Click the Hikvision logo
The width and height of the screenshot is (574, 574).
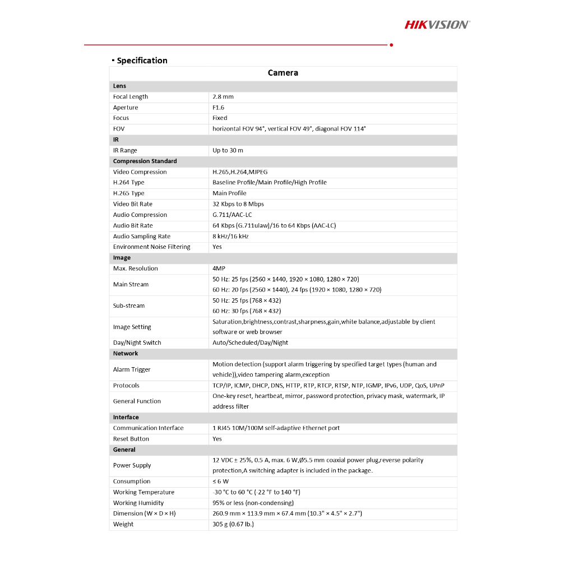[x=437, y=24]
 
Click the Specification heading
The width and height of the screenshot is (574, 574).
[x=142, y=61]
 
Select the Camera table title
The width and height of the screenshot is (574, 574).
[x=283, y=73]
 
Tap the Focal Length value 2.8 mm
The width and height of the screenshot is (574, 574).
[x=223, y=97]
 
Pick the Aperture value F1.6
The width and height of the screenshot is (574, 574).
[x=218, y=108]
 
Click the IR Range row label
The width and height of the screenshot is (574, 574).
[x=125, y=150]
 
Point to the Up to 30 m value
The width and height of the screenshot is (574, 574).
[x=228, y=150]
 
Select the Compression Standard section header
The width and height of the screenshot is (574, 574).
[x=145, y=161]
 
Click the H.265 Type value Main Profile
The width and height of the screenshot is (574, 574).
[x=229, y=193]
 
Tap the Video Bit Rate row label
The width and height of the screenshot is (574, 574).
[x=133, y=204]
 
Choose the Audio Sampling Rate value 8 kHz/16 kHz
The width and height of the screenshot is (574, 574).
[x=230, y=237]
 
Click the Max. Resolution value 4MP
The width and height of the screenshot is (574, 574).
[x=219, y=269]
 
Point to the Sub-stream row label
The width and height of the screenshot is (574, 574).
[x=129, y=306]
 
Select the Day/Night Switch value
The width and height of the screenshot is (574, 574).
[x=250, y=343]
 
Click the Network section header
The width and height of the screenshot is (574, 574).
[x=126, y=354]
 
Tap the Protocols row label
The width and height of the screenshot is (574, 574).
[x=126, y=386]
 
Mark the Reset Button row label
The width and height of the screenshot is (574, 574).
[x=131, y=439]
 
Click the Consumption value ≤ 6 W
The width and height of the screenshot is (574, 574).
[x=220, y=482]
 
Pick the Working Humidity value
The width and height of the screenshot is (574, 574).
[x=253, y=503]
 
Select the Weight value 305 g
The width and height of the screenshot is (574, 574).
[x=233, y=525]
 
